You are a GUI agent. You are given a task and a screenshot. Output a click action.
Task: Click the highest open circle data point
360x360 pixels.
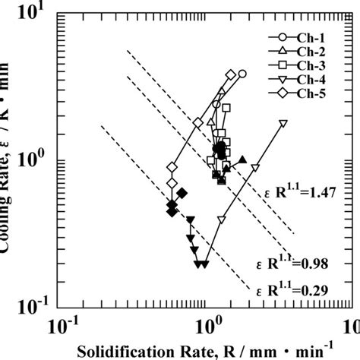pos(242,74)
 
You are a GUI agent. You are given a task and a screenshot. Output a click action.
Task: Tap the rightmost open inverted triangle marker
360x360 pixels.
pos(283,122)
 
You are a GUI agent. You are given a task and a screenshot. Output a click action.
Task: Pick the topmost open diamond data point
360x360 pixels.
pos(230,74)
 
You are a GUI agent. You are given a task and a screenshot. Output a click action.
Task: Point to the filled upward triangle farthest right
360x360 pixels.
pos(242,159)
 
